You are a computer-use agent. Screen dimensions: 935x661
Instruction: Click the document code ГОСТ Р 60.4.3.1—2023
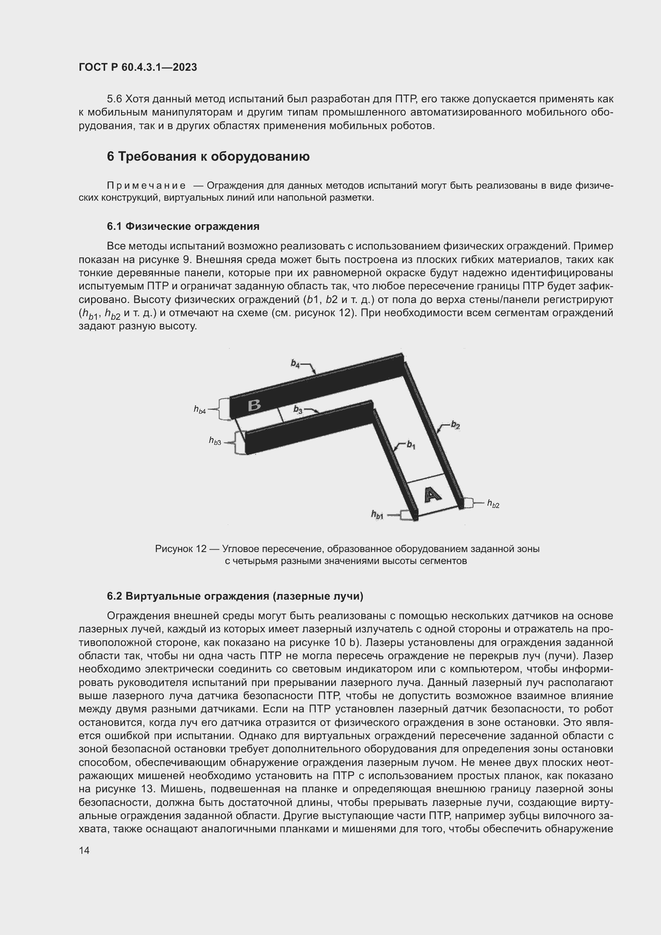(137, 67)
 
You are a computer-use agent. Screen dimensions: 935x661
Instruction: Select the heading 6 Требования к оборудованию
(208, 156)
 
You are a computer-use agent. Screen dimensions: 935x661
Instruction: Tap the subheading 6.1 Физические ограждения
(183, 226)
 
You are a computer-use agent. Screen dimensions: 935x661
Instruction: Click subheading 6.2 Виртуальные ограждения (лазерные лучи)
(235, 596)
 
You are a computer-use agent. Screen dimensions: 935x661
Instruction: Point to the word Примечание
(146, 186)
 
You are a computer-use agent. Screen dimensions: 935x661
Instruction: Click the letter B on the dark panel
(255, 405)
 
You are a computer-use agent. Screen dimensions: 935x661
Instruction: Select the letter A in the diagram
(432, 494)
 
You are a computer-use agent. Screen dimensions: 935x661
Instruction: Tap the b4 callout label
(295, 363)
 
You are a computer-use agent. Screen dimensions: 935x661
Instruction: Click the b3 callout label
(299, 410)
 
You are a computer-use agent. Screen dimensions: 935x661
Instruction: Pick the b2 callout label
(456, 426)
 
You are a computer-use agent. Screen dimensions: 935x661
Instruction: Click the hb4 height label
(199, 410)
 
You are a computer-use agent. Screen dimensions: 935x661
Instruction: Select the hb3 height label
(215, 441)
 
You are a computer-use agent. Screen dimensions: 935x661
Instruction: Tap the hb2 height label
(493, 504)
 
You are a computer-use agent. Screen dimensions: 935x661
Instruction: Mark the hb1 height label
(377, 515)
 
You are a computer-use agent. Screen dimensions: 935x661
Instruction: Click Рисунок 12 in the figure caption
(181, 549)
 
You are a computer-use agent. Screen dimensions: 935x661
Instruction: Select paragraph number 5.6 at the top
(114, 99)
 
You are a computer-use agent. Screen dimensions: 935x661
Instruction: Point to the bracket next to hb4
(223, 409)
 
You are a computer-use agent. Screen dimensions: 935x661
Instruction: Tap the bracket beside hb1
(405, 515)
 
